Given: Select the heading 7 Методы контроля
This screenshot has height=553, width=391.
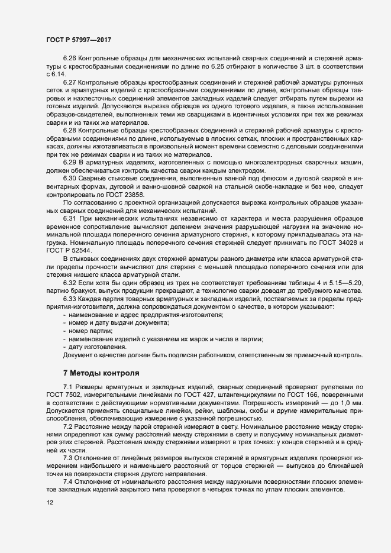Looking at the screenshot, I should pyautogui.click(x=101, y=373).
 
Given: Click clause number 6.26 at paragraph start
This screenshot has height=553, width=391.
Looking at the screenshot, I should pyautogui.click(x=70, y=60).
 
